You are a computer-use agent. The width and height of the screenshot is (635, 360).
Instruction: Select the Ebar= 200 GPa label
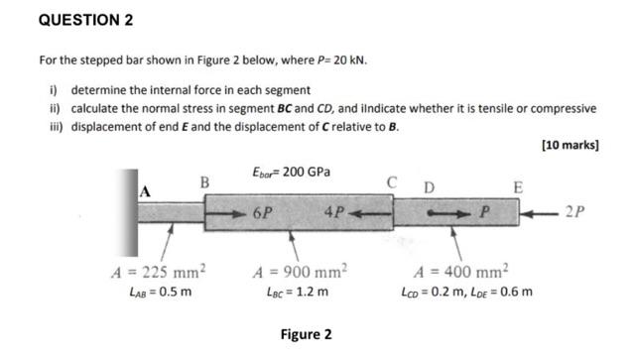pos(291,173)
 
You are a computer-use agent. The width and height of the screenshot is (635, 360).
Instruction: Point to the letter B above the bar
pos(204,182)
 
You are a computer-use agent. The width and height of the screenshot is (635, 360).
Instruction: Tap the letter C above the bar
pos(393,182)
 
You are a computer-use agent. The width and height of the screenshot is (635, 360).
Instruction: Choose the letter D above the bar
pos(429,187)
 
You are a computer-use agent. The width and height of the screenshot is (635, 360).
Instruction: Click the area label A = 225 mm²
pos(160,272)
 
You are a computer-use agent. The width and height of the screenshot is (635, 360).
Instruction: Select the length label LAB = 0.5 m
pos(159,292)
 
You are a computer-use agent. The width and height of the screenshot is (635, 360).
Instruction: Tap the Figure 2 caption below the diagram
pos(307,334)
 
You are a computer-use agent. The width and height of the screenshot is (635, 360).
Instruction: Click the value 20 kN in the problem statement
pos(352,60)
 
